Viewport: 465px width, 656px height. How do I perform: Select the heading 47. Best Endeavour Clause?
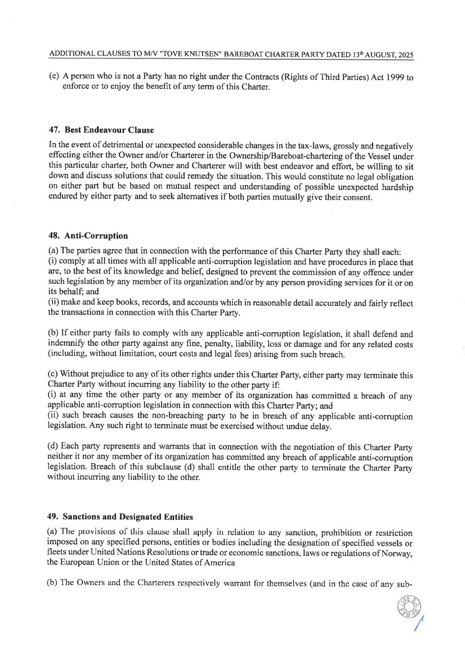tap(93, 130)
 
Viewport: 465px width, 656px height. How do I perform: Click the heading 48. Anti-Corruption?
tap(85, 236)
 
